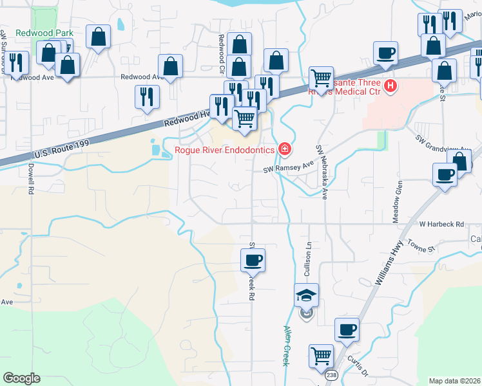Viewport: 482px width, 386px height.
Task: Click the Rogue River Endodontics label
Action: pyautogui.click(x=224, y=151)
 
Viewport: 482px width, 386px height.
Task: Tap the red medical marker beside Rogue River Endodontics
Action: pyautogui.click(x=284, y=151)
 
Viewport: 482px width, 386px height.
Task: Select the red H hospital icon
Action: pyautogui.click(x=390, y=86)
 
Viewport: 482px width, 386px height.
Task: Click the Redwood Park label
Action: pyautogui.click(x=41, y=33)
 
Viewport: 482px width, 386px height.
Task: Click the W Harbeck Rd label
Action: pyautogui.click(x=441, y=225)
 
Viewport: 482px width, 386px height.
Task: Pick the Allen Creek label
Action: pyautogui.click(x=285, y=345)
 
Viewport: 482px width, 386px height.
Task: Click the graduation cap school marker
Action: pyautogui.click(x=307, y=296)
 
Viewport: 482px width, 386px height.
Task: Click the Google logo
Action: pyautogui.click(x=21, y=378)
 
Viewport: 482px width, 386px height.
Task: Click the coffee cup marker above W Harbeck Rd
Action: pyautogui.click(x=446, y=175)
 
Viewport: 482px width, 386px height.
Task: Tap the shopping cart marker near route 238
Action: pyautogui.click(x=321, y=356)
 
